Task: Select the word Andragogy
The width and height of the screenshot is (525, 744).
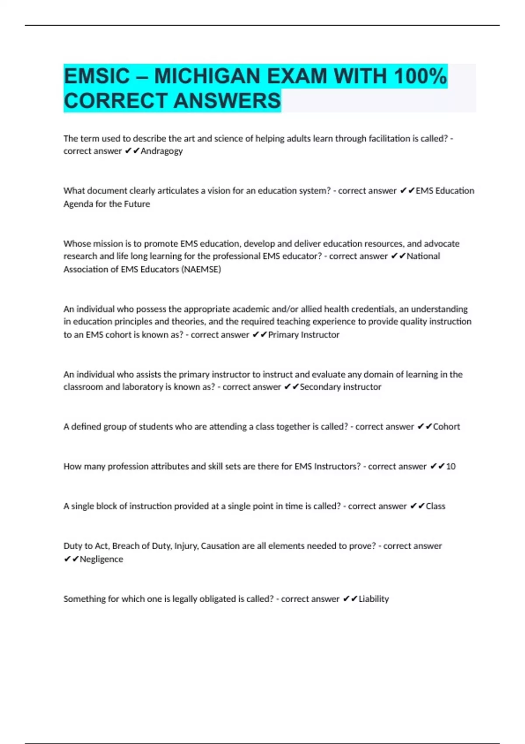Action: [161, 151]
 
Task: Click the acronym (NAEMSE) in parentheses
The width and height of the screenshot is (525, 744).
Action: [201, 269]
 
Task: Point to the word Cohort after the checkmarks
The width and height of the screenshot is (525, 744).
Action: [446, 427]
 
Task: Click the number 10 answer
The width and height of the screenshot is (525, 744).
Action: [451, 467]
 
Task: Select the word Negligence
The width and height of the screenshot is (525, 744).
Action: [101, 559]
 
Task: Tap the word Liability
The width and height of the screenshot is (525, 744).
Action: [374, 599]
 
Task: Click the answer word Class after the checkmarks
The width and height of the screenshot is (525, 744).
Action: [435, 506]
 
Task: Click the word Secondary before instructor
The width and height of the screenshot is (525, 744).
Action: [320, 387]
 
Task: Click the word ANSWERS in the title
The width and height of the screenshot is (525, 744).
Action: [227, 101]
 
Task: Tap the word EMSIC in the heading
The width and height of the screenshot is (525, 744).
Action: [97, 77]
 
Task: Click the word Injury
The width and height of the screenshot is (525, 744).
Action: [186, 546]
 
